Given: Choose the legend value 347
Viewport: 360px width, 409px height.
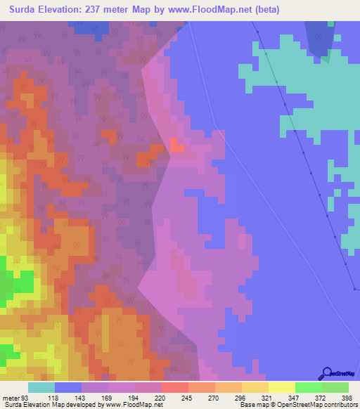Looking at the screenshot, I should coord(295,397).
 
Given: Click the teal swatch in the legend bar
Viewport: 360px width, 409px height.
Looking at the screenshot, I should coord(41,387).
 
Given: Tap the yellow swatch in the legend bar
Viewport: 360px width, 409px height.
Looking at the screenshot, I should coord(281,387).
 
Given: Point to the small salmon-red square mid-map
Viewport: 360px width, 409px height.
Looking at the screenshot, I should coord(176,146).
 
